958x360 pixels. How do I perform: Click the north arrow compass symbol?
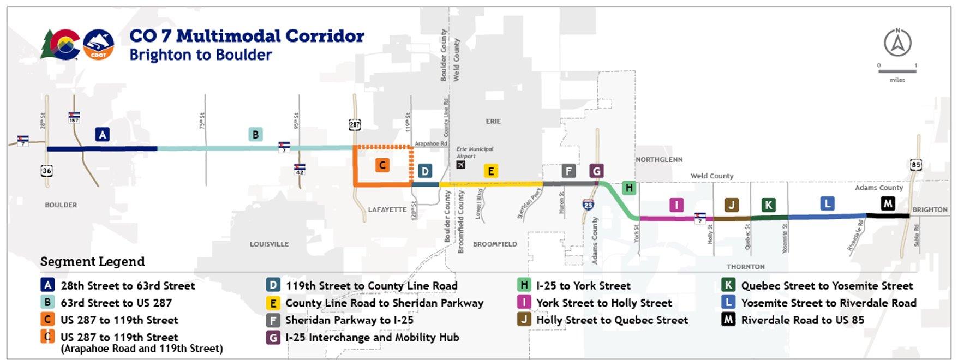[897, 43]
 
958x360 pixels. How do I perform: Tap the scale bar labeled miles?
[897, 71]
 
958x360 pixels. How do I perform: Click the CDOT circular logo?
[98, 44]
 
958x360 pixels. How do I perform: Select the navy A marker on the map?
[102, 134]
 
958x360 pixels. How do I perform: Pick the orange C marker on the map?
[382, 165]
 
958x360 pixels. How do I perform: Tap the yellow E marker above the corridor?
[491, 171]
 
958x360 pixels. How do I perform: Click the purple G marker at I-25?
[596, 171]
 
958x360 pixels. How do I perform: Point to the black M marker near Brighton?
[888, 203]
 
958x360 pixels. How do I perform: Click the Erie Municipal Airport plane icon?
[461, 165]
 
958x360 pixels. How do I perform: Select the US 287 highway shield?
[355, 125]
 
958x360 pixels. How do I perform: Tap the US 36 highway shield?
[47, 171]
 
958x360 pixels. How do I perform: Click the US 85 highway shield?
[916, 164]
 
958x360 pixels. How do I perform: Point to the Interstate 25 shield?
[588, 205]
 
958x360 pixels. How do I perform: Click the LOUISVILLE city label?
[269, 244]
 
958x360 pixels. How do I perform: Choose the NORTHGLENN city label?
[659, 160]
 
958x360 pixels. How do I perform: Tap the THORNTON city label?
[745, 267]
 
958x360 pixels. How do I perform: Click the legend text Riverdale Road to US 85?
[803, 320]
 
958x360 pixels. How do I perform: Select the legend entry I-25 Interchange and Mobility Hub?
[372, 338]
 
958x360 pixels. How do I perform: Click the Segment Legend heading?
[93, 262]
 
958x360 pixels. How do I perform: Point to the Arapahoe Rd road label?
[431, 144]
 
